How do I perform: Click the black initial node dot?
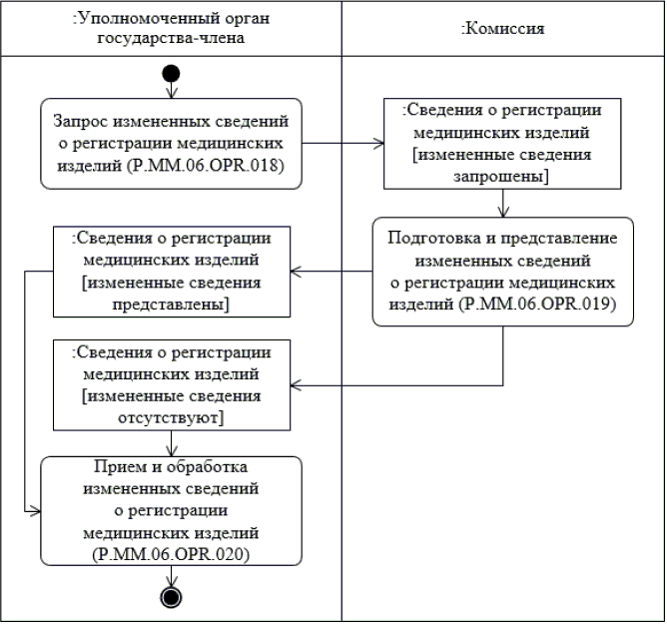pyautogui.click(x=171, y=72)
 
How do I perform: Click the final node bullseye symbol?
pyautogui.click(x=171, y=597)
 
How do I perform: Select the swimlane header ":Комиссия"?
pyautogui.click(x=502, y=28)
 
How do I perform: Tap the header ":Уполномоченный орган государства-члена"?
pyautogui.click(x=171, y=28)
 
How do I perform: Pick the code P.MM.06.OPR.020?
pyautogui.click(x=170, y=551)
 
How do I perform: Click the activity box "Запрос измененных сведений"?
pyautogui.click(x=171, y=143)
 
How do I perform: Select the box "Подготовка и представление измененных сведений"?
pyautogui.click(x=503, y=271)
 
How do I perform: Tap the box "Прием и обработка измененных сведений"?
pyautogui.click(x=171, y=510)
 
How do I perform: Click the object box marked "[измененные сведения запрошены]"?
pyautogui.click(x=503, y=142)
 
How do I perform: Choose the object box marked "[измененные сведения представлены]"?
pyautogui.click(x=171, y=271)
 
